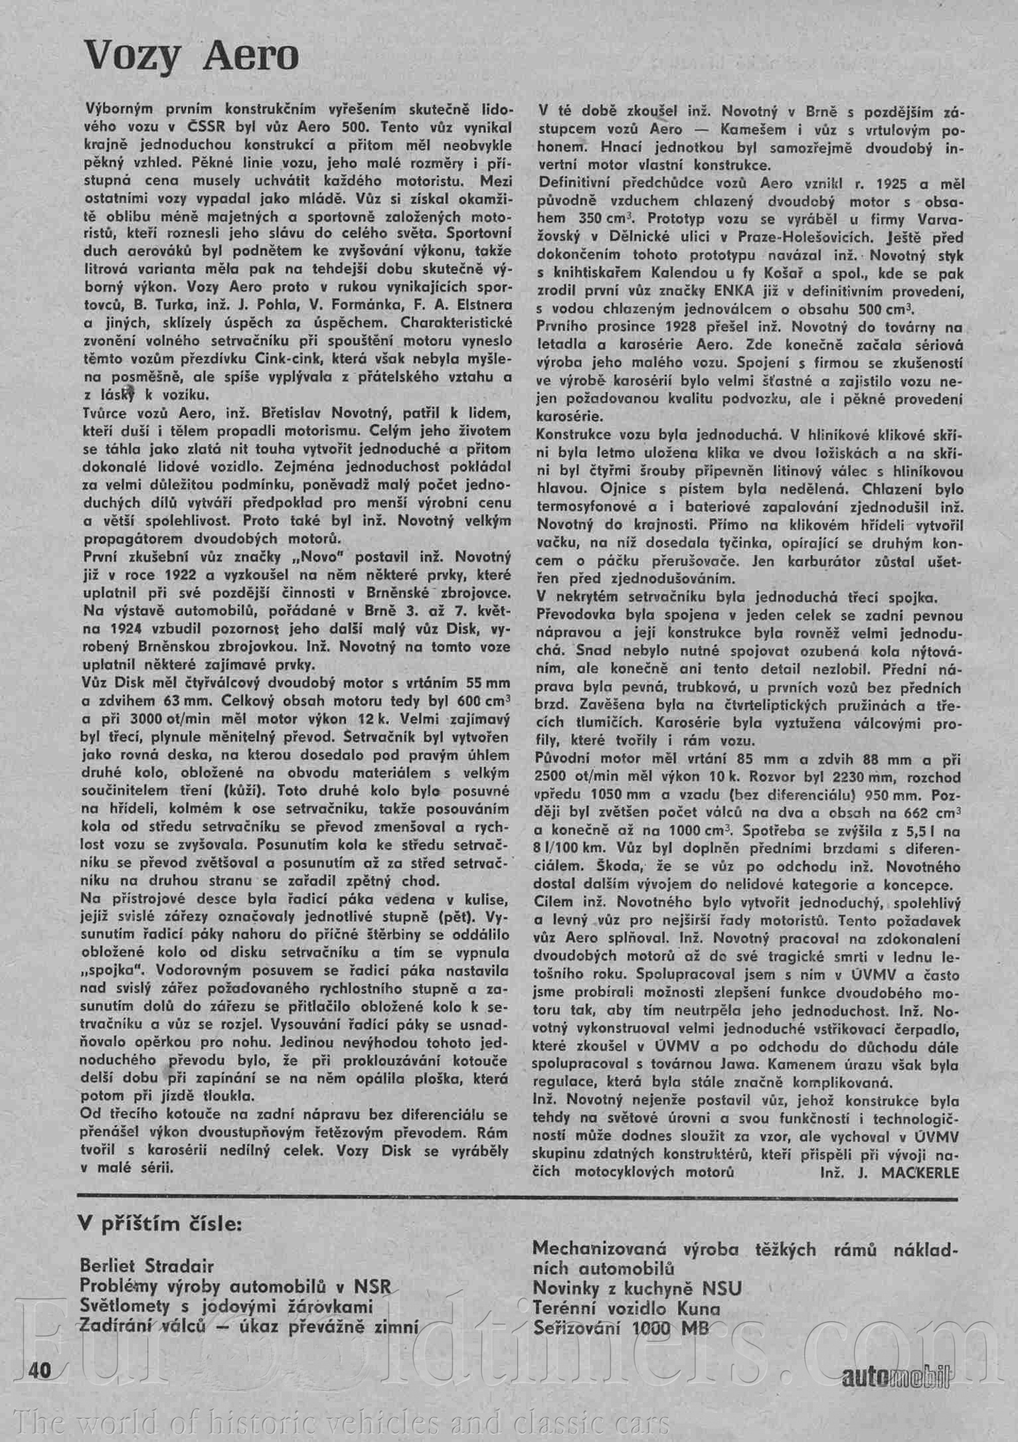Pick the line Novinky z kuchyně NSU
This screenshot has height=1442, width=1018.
637,1289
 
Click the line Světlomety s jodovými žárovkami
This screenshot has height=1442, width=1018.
226,1307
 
